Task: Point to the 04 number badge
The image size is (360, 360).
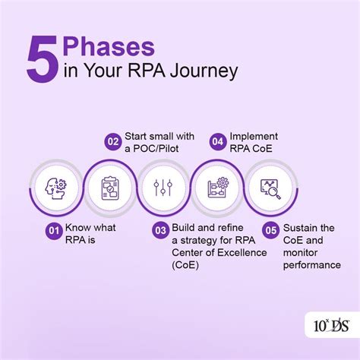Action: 216,140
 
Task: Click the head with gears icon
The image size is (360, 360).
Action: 54,187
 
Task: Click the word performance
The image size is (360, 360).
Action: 312,265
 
